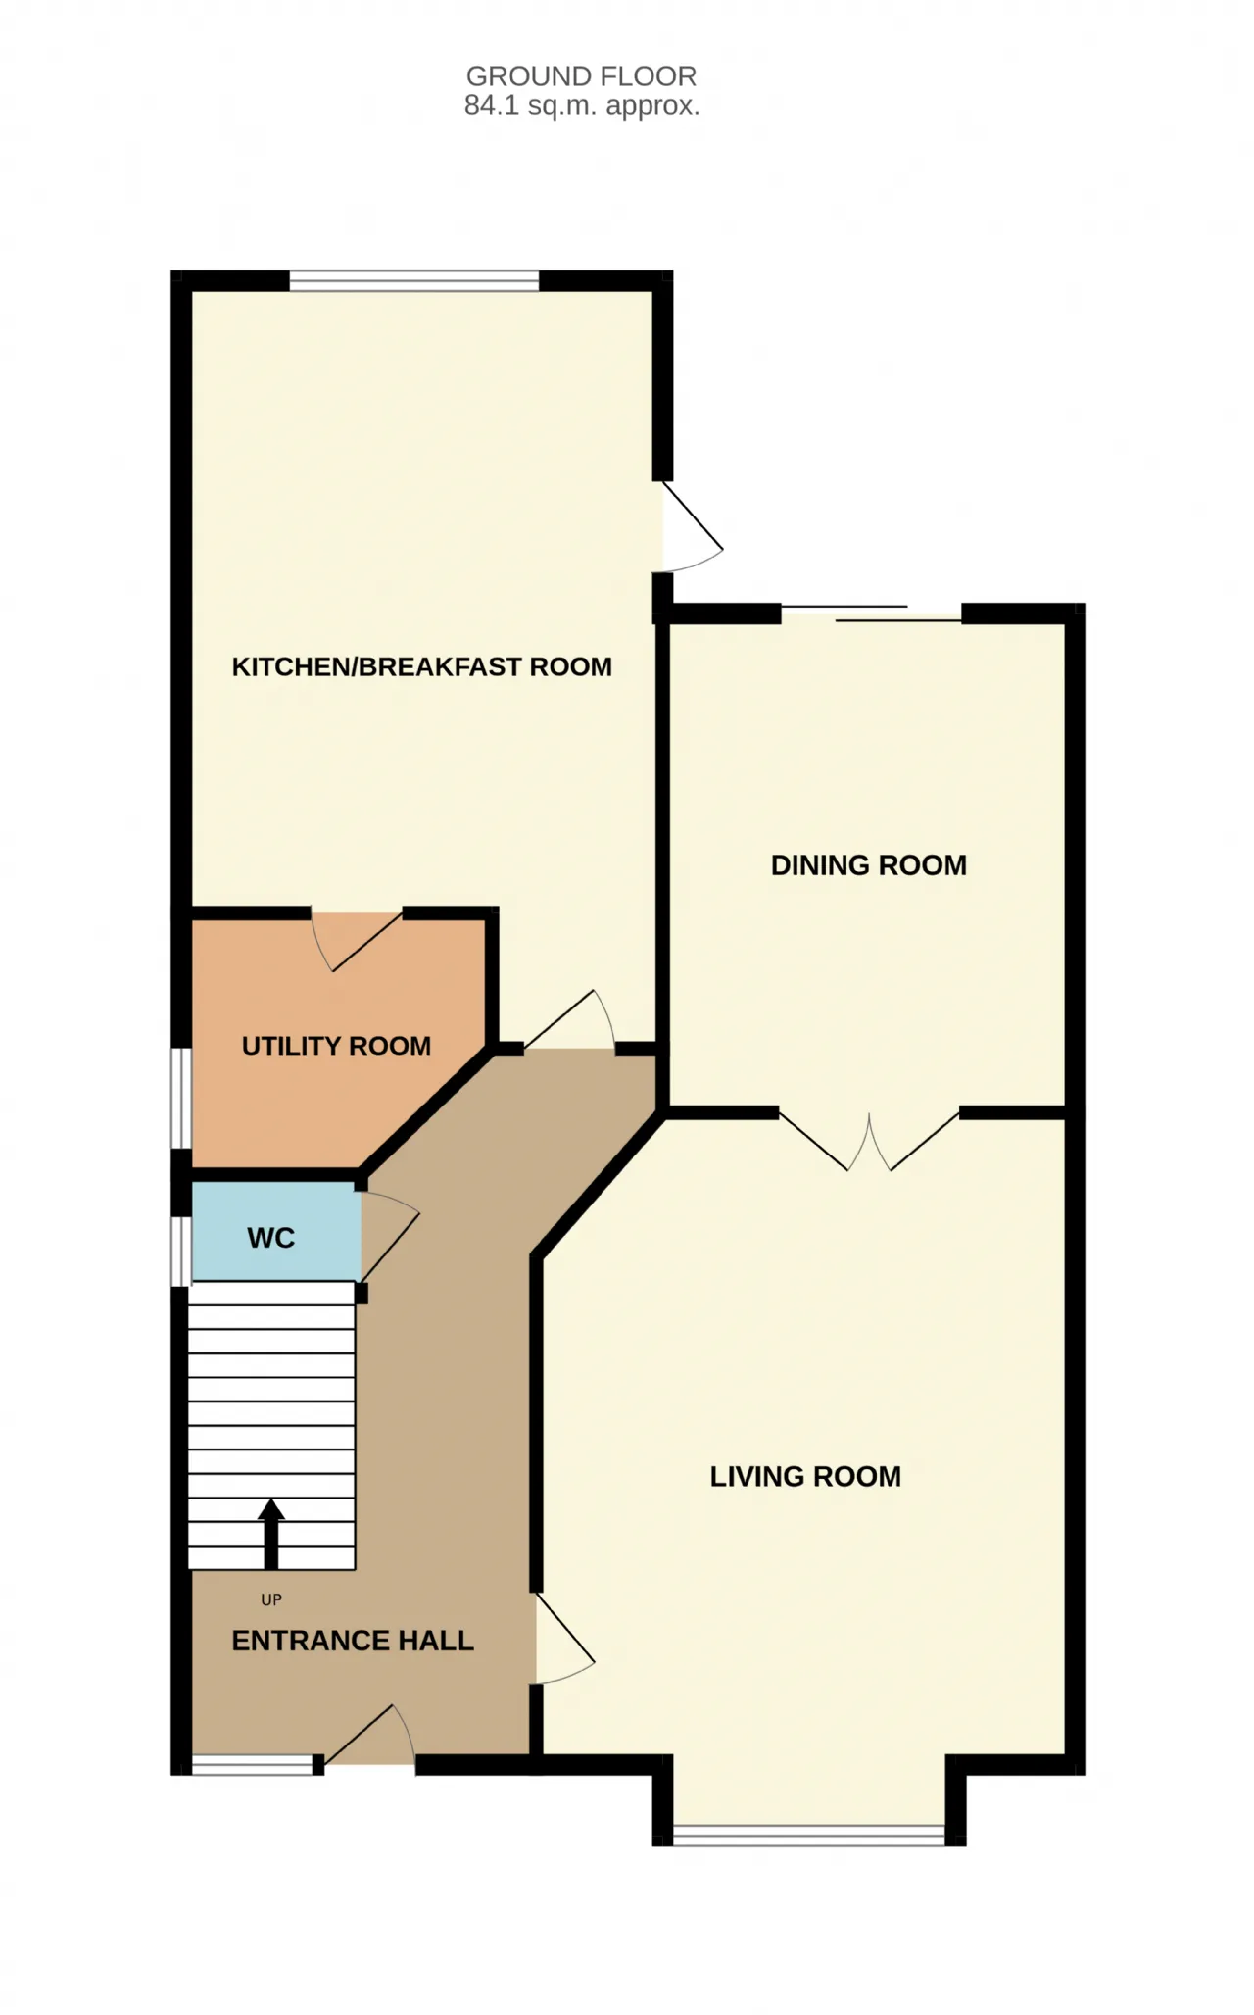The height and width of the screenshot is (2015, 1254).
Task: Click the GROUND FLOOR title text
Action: point(581,75)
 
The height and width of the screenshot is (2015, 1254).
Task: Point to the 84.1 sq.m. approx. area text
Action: point(582,106)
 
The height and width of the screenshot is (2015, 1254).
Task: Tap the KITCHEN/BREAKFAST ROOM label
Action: point(422,667)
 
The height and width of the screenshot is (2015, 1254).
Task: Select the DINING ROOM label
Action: point(869,865)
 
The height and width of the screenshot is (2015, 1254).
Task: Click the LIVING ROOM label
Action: point(805,1477)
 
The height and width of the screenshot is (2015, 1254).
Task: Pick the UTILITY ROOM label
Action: point(336,1047)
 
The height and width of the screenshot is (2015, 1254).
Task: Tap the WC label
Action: point(271,1239)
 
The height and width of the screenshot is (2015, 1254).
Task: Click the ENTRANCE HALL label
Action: point(353,1641)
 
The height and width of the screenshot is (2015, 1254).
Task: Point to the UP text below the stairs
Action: point(271,1600)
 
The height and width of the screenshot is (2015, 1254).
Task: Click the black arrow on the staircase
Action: point(271,1534)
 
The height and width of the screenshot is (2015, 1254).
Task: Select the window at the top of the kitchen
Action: point(414,281)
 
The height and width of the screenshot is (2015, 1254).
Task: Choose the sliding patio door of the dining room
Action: point(871,614)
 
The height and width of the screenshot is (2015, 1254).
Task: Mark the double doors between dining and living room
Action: point(869,1142)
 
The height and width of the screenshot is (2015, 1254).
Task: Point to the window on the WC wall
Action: point(181,1251)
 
